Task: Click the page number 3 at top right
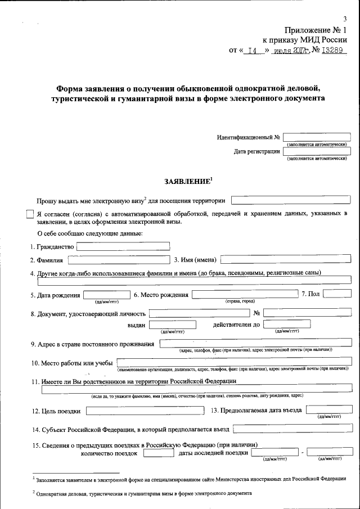pyautogui.click(x=345, y=19)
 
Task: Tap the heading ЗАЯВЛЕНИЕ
pyautogui.click(x=188, y=181)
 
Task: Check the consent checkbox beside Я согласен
pyautogui.click(x=30, y=214)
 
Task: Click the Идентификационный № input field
pyautogui.click(x=317, y=137)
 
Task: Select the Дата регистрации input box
pyautogui.click(x=317, y=151)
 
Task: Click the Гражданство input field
pyautogui.click(x=123, y=246)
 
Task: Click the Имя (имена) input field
pyautogui.click(x=286, y=259)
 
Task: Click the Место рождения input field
pyautogui.click(x=244, y=294)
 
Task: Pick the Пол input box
pyautogui.click(x=337, y=294)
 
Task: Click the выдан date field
pyautogui.click(x=172, y=325)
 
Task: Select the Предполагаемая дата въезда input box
pyautogui.click(x=329, y=410)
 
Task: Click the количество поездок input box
pyautogui.click(x=158, y=453)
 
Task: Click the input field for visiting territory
pyautogui.click(x=291, y=199)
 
